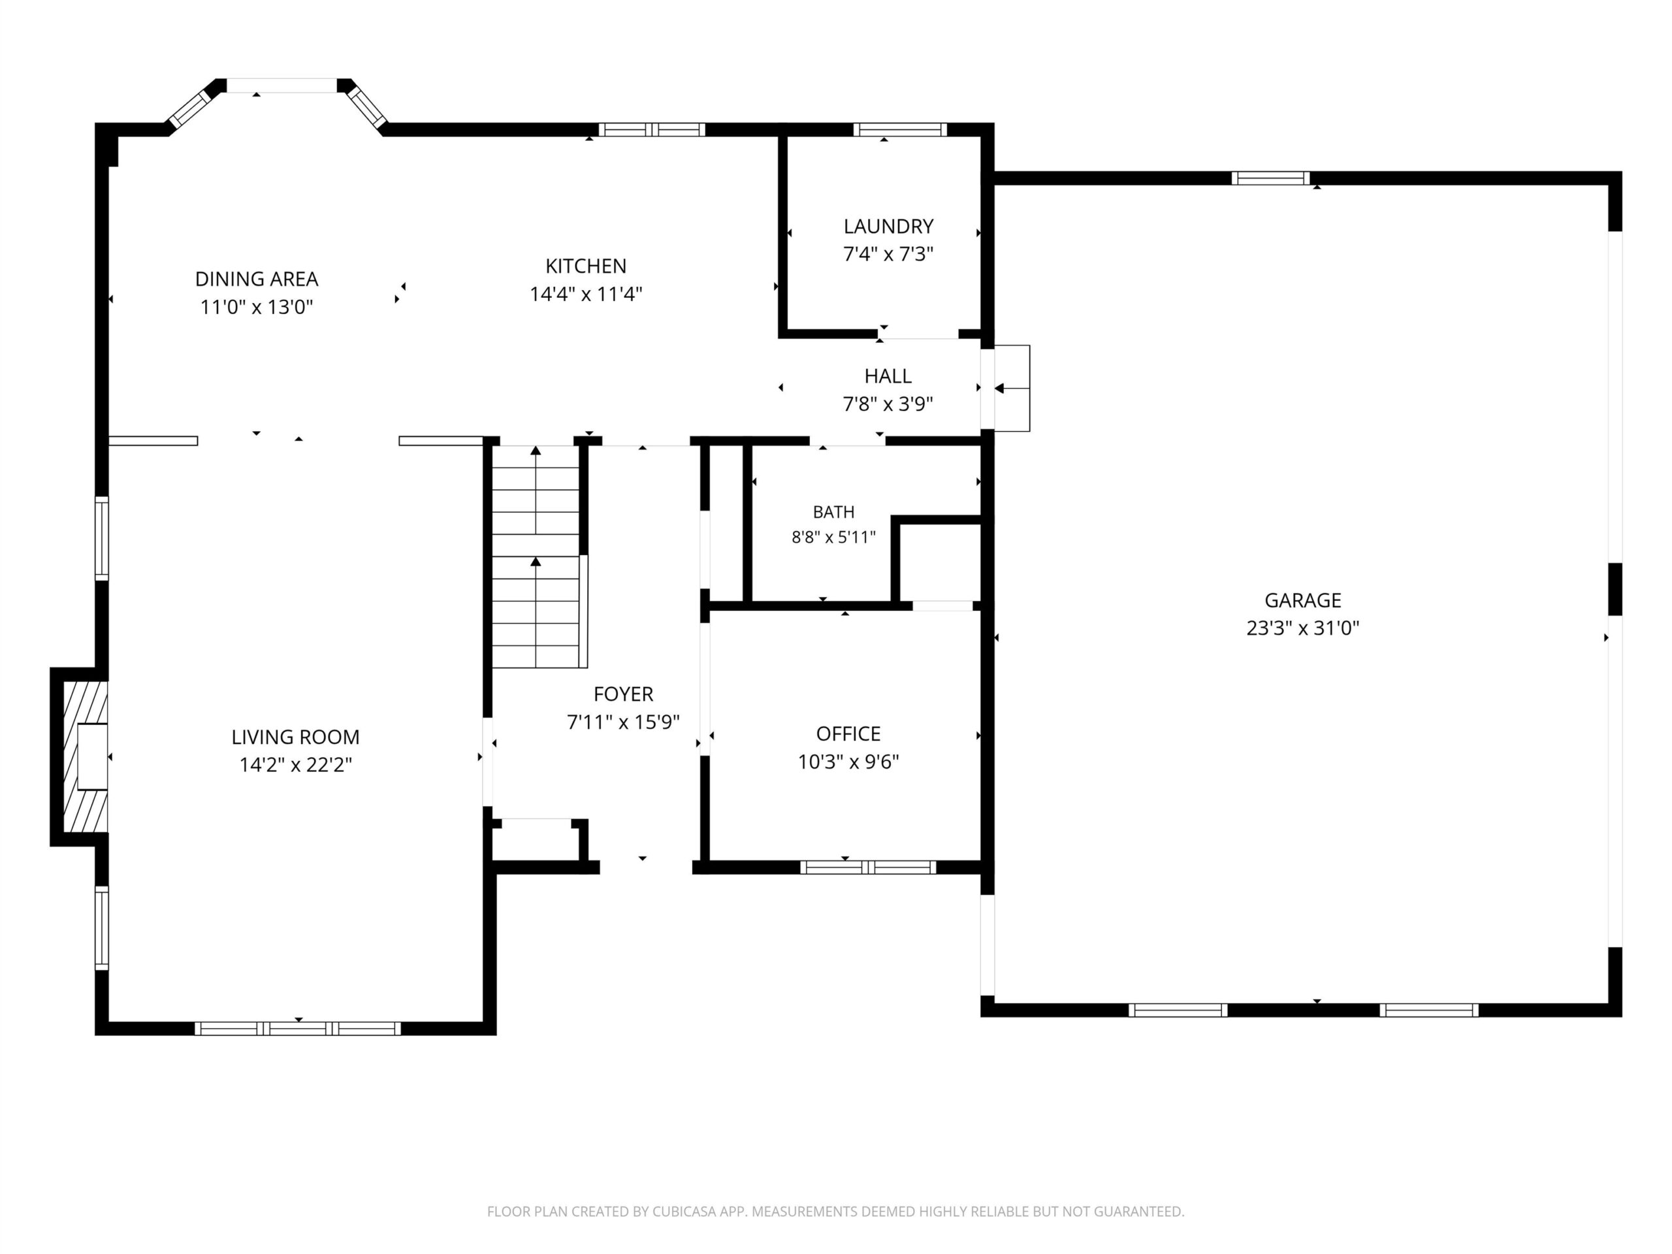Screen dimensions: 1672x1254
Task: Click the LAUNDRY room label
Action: pyautogui.click(x=888, y=226)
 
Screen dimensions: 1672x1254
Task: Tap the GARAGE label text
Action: pyautogui.click(x=1302, y=600)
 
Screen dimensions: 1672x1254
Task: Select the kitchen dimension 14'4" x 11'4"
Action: pyautogui.click(x=586, y=293)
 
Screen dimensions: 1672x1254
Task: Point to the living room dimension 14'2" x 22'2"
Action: pyautogui.click(x=296, y=764)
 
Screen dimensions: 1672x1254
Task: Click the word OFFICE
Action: pyautogui.click(x=848, y=733)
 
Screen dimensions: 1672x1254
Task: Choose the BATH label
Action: pyautogui.click(x=834, y=512)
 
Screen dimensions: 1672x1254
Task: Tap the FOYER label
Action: pyautogui.click(x=624, y=693)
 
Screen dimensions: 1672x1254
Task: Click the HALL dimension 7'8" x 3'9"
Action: pyautogui.click(x=888, y=404)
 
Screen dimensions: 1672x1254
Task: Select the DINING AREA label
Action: pyautogui.click(x=257, y=279)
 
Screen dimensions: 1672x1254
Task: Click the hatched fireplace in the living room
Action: pyautogui.click(x=85, y=756)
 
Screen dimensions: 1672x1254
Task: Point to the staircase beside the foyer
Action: pyautogui.click(x=536, y=556)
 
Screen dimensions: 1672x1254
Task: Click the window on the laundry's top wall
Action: pyautogui.click(x=899, y=129)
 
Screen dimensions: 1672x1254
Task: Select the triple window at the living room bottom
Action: pyautogui.click(x=298, y=1028)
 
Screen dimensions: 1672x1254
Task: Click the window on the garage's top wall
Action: pyautogui.click(x=1270, y=178)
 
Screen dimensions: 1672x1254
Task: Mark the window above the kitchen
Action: pyautogui.click(x=652, y=129)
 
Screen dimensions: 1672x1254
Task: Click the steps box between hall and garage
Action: pyautogui.click(x=1011, y=388)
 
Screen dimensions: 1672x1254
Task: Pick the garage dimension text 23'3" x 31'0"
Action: pyautogui.click(x=1302, y=628)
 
